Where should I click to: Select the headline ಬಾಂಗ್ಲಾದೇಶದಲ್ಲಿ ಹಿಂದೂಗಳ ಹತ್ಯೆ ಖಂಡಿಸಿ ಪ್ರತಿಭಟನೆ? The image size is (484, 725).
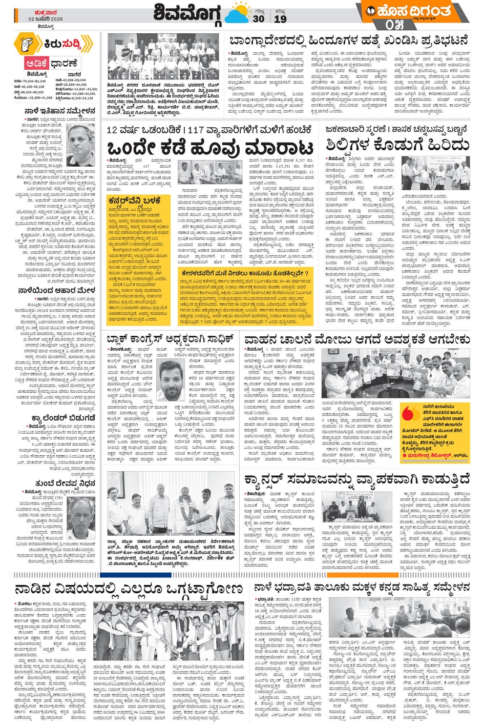[x=348, y=41]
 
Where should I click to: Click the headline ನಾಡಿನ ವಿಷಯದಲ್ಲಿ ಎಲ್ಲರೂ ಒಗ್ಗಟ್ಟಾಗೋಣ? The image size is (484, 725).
[x=129, y=589]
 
